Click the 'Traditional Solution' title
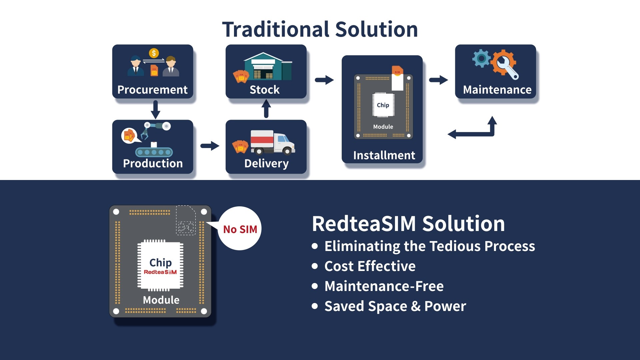[320, 29]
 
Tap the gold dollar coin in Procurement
[154, 53]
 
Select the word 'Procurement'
[152, 90]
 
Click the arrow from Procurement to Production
[155, 110]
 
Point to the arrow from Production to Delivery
[210, 146]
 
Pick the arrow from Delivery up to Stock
[266, 109]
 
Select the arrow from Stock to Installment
[324, 80]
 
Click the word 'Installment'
[384, 155]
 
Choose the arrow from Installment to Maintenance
[438, 80]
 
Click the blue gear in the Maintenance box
[481, 58]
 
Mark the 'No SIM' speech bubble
[240, 229]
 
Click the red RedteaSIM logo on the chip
[160, 272]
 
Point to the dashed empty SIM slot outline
[186, 220]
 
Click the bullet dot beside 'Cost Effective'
[315, 266]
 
